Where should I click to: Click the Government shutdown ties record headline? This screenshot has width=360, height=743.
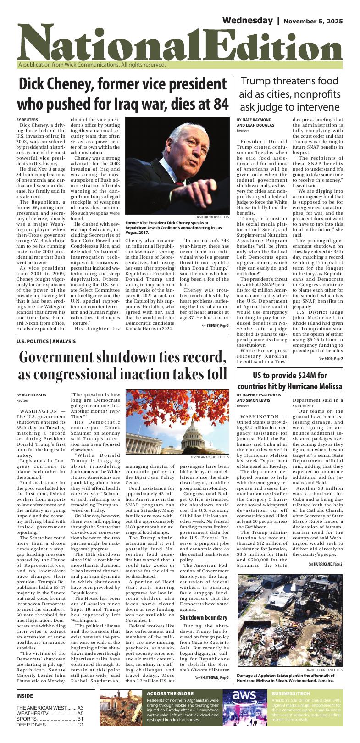tap(123, 365)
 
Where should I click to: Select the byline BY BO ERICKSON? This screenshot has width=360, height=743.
tap(31, 395)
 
